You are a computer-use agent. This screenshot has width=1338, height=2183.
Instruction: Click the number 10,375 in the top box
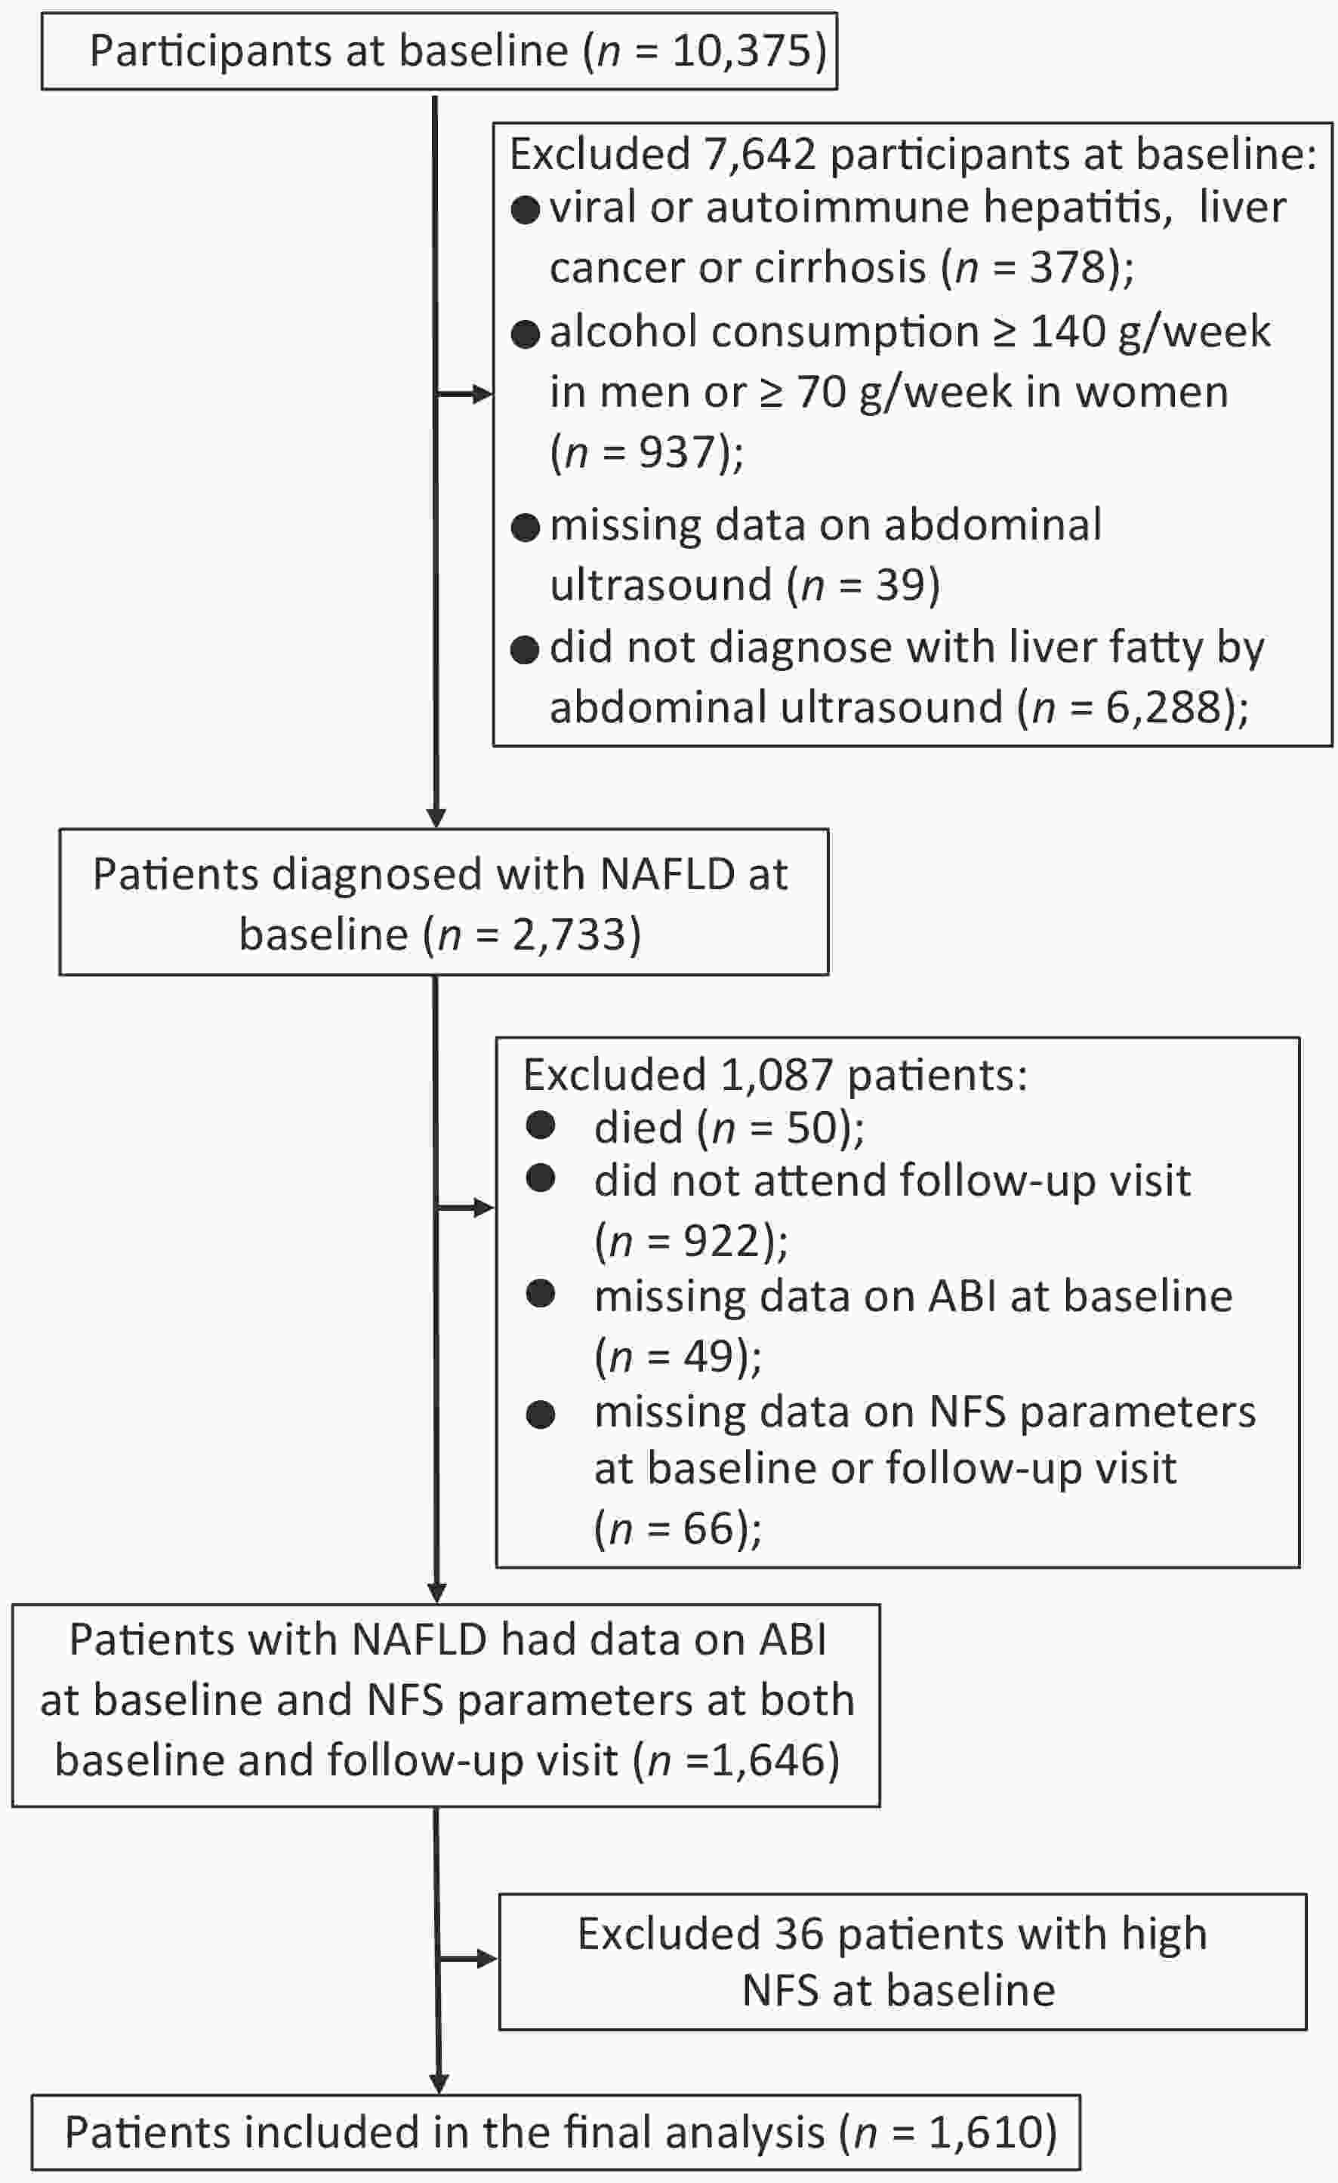[741, 51]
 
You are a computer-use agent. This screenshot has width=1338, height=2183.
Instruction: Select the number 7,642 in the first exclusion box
[760, 155]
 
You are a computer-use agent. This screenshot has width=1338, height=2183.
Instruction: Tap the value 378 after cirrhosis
[1068, 266]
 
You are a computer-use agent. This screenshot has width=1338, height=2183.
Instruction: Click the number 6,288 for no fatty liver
[1164, 707]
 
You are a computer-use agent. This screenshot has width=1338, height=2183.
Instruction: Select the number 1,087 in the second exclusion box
[776, 1076]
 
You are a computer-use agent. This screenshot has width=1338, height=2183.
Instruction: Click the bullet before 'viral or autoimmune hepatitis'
[526, 211]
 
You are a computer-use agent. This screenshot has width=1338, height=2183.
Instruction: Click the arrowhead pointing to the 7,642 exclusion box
[483, 394]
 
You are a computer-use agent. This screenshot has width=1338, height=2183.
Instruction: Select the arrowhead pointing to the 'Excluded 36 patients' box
[487, 1958]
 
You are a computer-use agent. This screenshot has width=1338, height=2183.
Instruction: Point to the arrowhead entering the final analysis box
[439, 2084]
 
